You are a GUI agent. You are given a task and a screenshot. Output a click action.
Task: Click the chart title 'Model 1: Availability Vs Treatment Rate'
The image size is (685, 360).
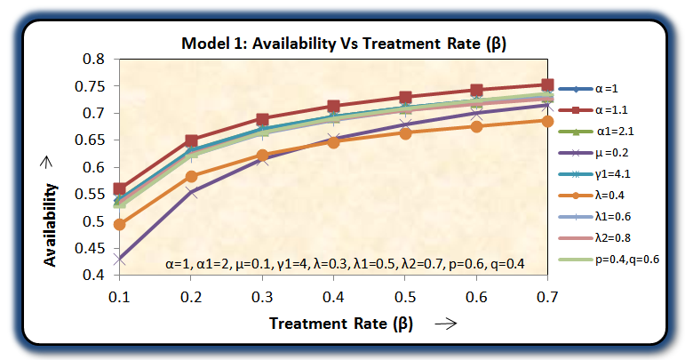pyautogui.click(x=349, y=43)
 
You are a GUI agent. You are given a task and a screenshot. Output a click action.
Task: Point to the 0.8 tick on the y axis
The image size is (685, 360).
pyautogui.click(x=93, y=59)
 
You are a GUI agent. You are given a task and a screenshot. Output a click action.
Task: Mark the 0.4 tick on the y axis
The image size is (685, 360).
pyautogui.click(x=93, y=276)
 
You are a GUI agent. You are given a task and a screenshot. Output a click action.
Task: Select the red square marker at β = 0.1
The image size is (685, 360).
pyautogui.click(x=120, y=189)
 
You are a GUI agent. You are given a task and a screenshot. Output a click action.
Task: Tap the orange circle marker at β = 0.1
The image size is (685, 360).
pyautogui.click(x=120, y=224)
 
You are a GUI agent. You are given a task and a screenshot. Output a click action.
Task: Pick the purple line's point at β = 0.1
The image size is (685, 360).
pyautogui.click(x=120, y=259)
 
